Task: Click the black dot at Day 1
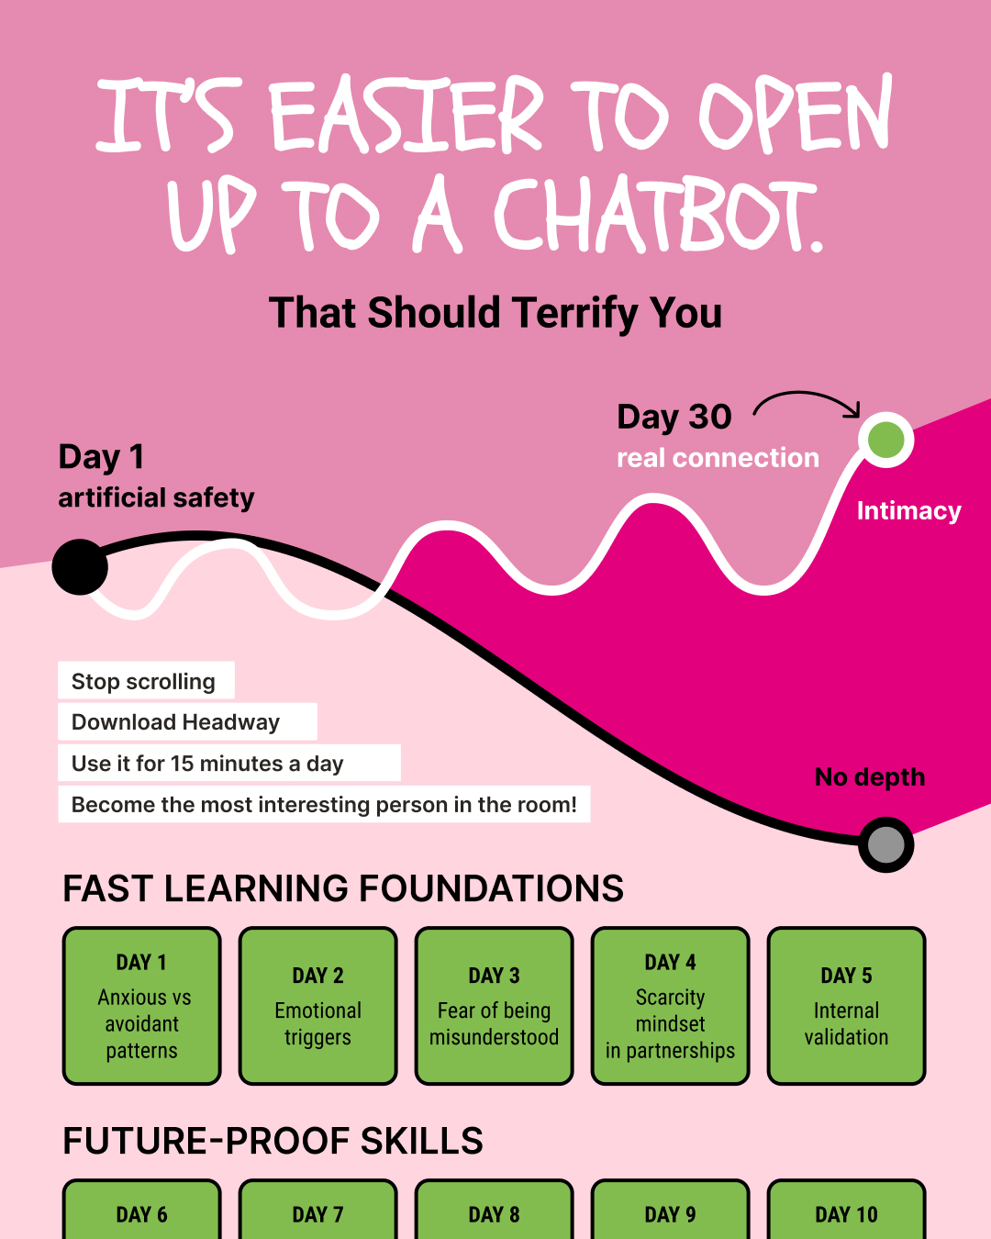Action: coord(80,566)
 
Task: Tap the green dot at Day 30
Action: coord(885,440)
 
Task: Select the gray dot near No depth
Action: coord(885,844)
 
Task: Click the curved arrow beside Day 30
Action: coord(807,394)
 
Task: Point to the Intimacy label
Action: coord(908,510)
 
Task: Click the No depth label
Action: coord(870,776)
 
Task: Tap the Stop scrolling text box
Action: coord(146,680)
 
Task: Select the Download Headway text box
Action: coord(188,721)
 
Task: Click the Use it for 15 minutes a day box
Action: coord(229,763)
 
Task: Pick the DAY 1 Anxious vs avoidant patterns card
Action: coord(141,1005)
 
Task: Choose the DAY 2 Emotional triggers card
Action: coord(317,1005)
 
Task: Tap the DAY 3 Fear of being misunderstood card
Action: coord(494,1005)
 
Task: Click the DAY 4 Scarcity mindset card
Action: coord(670,1005)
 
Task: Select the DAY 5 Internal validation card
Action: coord(846,1005)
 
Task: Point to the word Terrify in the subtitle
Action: coord(575,314)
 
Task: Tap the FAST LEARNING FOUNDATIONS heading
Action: coord(343,887)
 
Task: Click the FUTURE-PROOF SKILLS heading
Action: coord(273,1141)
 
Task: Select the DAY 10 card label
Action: coord(846,1215)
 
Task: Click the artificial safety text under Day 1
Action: coord(156,497)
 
